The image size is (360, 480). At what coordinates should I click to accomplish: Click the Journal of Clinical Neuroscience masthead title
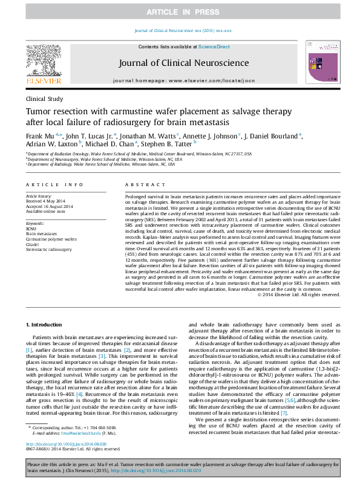click(180, 62)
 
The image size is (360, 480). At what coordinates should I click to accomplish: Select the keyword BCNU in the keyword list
click(31, 229)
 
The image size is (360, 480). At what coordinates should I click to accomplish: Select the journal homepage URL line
click(180, 79)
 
